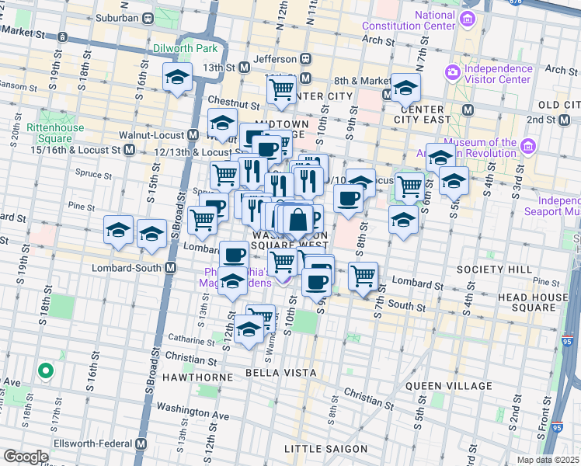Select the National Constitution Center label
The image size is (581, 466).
click(x=408, y=20)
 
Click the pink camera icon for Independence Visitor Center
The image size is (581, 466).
click(x=452, y=73)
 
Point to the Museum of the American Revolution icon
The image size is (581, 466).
click(x=528, y=146)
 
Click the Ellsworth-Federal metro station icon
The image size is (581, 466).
click(x=141, y=443)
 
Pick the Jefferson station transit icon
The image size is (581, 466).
click(x=306, y=58)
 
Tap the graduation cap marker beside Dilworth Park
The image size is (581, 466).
click(x=178, y=77)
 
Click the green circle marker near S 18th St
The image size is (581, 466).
click(x=45, y=371)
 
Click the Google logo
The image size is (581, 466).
click(x=25, y=457)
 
